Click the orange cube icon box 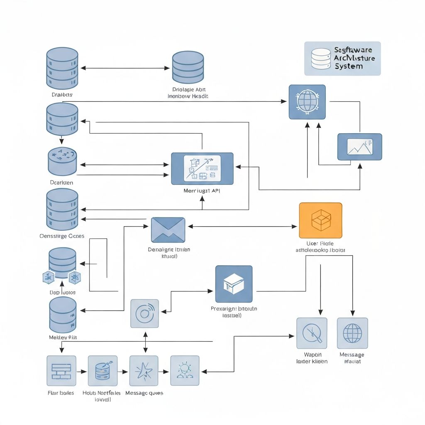320,220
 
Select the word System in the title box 348,66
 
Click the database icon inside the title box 321,59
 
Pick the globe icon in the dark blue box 307,102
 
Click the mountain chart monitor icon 359,147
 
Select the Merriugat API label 202,191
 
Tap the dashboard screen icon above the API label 202,169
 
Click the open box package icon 234,284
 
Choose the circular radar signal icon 144,313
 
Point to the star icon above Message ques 144,371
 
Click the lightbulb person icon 185,371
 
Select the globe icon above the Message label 352,333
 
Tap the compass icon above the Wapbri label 312,333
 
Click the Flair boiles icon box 61,371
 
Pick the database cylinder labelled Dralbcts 62,66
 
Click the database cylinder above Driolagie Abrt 188,67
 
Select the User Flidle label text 320,244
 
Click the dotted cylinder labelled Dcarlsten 62,161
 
